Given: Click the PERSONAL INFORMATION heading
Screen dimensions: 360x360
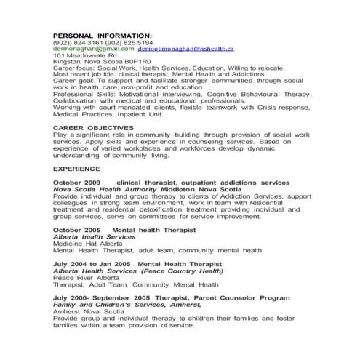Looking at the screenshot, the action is point(103,35).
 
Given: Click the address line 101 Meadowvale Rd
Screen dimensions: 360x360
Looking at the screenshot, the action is point(85,55).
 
